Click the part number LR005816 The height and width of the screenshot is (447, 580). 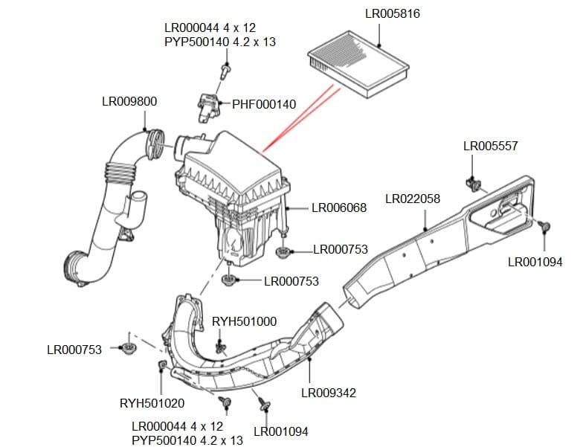click(x=398, y=14)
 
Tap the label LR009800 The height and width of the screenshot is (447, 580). click(x=129, y=101)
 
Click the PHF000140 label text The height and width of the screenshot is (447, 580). click(x=264, y=105)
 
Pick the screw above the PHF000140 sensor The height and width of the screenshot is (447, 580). click(x=225, y=71)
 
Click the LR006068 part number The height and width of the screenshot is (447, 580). click(x=338, y=208)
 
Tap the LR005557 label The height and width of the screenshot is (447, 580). click(x=490, y=146)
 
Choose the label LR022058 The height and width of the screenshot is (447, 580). click(x=413, y=199)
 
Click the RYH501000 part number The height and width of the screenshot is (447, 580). click(x=244, y=321)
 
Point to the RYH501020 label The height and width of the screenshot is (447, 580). click(x=152, y=403)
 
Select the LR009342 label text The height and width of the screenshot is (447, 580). click(x=328, y=392)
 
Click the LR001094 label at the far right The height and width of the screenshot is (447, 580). click(x=535, y=262)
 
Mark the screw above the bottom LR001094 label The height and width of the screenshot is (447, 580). click(x=263, y=404)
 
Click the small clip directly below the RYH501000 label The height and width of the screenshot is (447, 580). click(x=220, y=346)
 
